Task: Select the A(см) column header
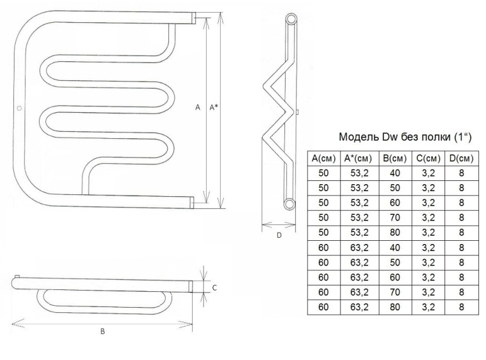[323, 159]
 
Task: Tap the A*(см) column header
[360, 159]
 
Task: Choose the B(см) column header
[395, 159]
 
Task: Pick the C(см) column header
[429, 159]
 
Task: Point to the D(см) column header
[462, 159]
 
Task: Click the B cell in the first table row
[395, 173]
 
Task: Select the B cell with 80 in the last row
[395, 307]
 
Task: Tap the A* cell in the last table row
[360, 307]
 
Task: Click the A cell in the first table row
[323, 173]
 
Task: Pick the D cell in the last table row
[462, 307]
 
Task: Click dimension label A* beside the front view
[214, 108]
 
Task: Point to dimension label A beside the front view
[198, 108]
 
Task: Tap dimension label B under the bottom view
[103, 331]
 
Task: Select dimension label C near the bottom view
[214, 288]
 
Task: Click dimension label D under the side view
[279, 236]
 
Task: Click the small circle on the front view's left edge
[19, 108]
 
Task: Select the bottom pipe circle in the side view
[290, 203]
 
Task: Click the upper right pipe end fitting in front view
[193, 18]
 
